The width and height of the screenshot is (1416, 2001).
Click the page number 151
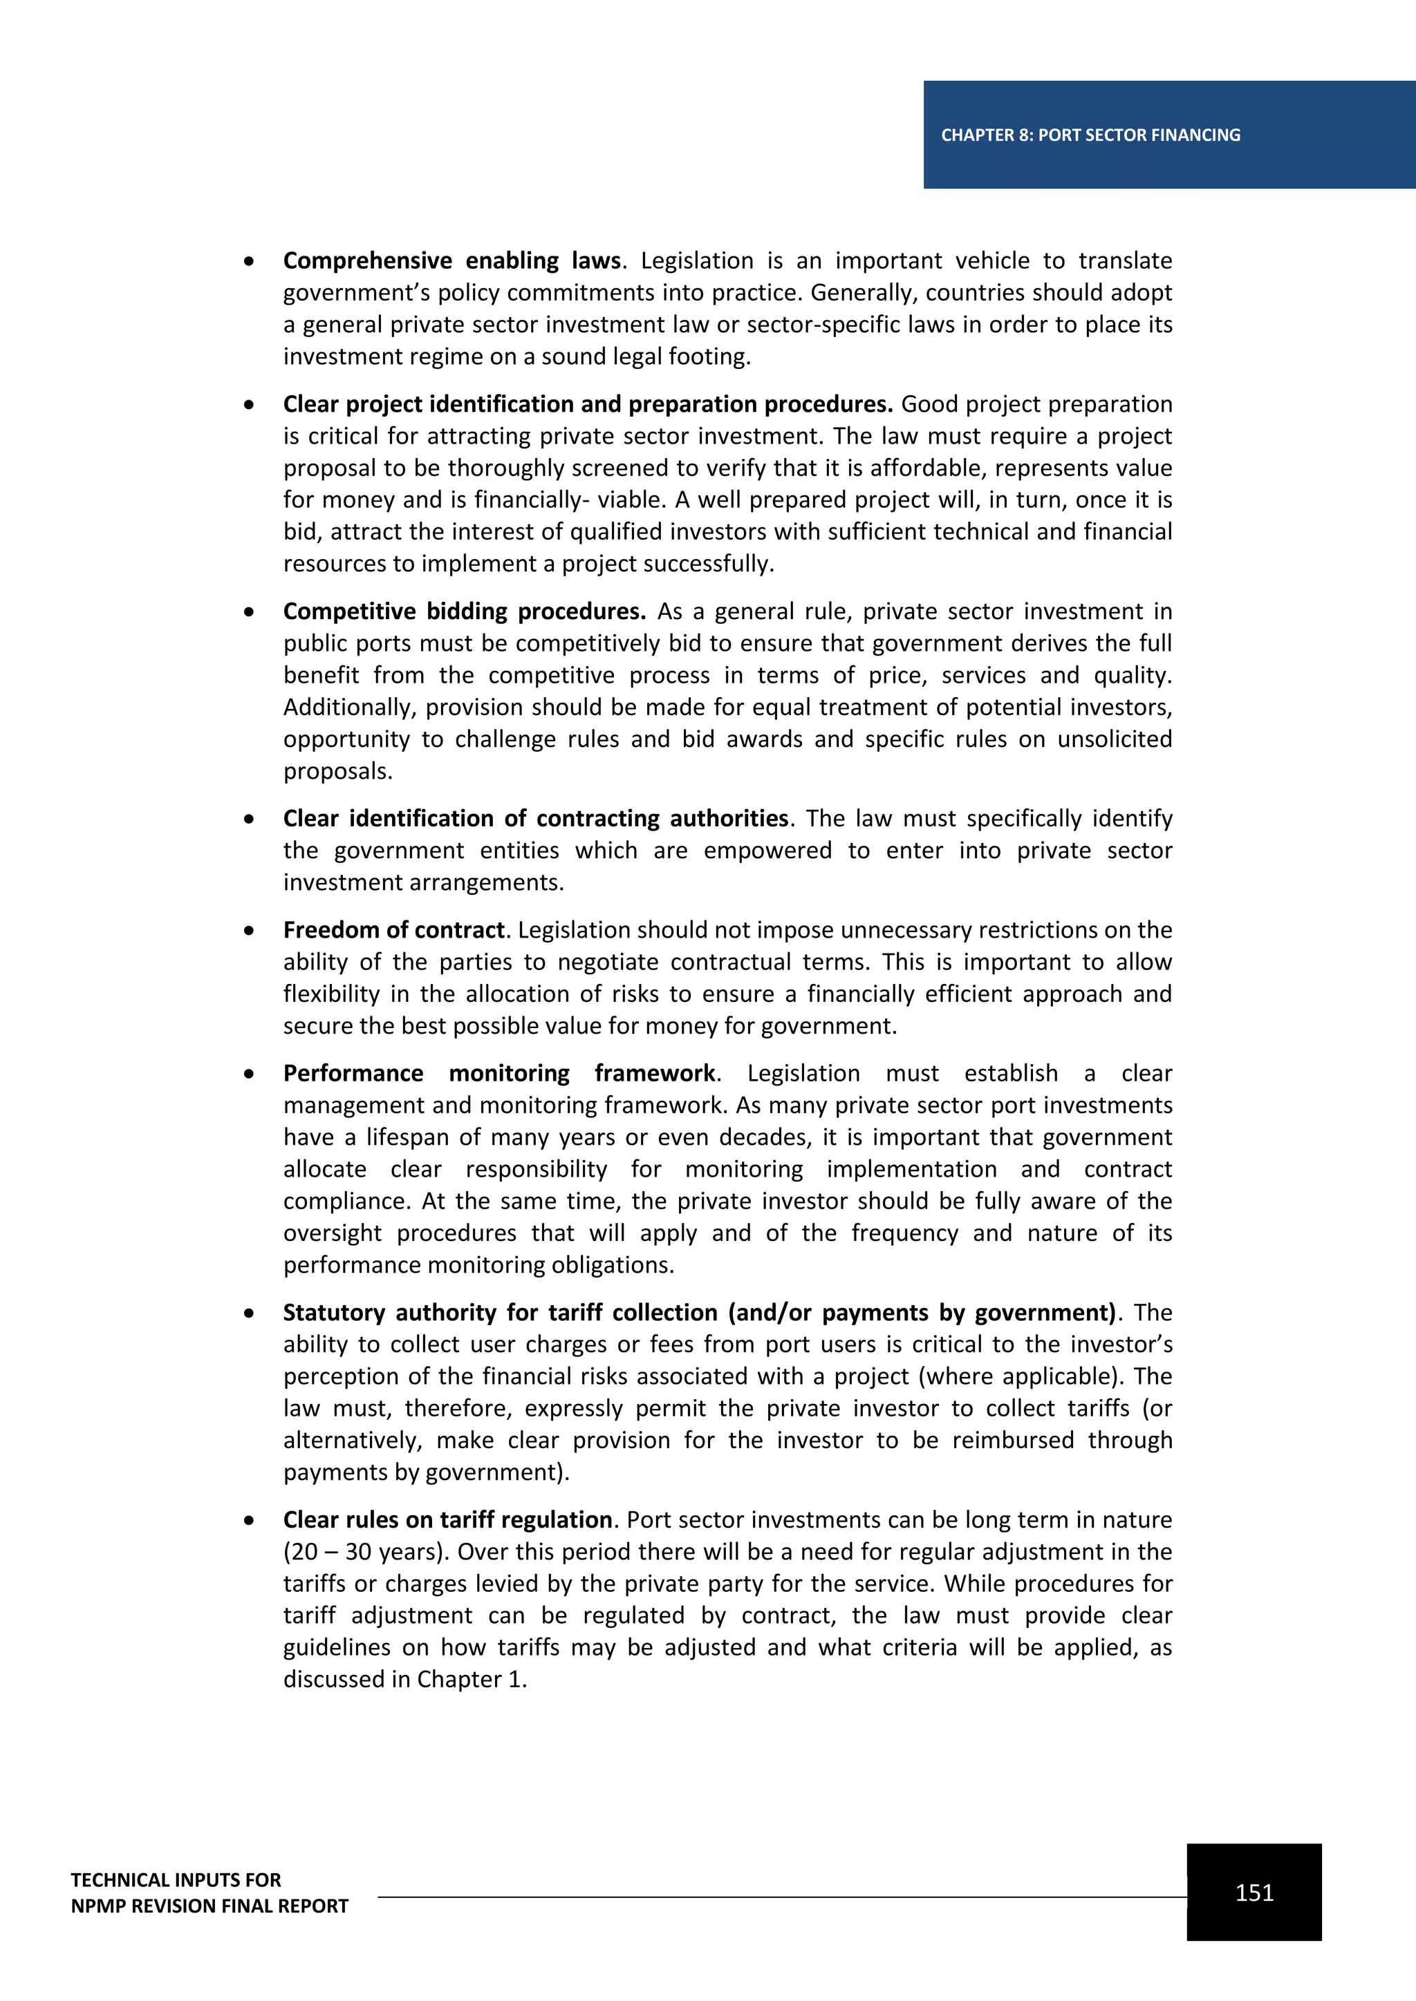1254,1892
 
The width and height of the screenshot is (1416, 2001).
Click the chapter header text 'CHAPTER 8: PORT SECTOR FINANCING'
1090,135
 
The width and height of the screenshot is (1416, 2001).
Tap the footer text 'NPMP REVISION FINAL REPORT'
209,1905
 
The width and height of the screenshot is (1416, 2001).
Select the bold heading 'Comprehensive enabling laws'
451,260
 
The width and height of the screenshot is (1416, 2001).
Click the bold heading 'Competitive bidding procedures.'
464,611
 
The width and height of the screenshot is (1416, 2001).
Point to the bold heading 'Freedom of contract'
394,930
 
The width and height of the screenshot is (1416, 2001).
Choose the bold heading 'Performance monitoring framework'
500,1073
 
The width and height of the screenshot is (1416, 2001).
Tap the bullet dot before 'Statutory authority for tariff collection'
250,1313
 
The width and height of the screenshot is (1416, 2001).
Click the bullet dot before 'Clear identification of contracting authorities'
250,818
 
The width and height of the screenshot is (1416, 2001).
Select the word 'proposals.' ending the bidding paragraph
338,771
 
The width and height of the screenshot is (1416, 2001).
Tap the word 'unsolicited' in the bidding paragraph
1115,739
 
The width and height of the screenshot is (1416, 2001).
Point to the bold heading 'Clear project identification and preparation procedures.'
588,404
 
